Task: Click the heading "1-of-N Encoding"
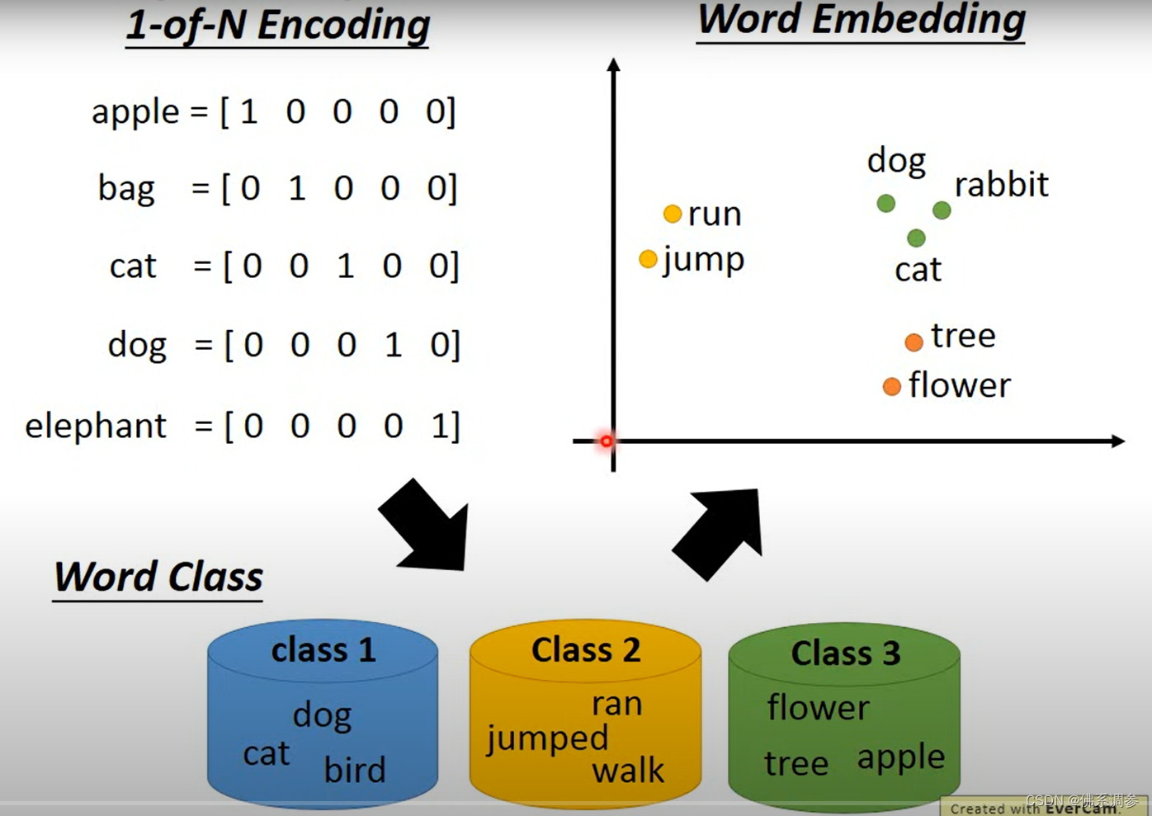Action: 277,25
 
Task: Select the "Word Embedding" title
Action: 861,20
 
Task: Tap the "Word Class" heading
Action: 158,577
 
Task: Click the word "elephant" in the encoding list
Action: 96,426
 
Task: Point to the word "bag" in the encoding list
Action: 126,188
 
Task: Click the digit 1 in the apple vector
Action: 248,111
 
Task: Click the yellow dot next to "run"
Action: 673,215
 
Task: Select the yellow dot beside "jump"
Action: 649,260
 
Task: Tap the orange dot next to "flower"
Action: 891,387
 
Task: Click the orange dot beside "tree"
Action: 914,342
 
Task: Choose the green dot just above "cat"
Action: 916,238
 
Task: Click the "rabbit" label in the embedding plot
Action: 1001,185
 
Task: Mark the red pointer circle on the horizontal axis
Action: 607,441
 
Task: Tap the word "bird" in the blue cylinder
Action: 355,770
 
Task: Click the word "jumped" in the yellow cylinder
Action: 547,738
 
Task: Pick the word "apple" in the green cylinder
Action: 900,758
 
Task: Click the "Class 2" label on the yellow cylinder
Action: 586,650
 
